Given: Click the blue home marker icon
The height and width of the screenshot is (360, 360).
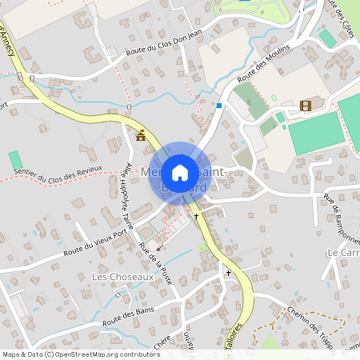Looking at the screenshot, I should [x=180, y=173].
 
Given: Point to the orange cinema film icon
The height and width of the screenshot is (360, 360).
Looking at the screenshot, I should [x=304, y=106].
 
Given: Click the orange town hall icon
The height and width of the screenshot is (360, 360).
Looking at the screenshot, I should [x=142, y=135].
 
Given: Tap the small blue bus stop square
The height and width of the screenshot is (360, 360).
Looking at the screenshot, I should [x=219, y=105].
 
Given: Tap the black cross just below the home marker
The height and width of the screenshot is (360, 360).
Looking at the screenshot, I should [x=196, y=217].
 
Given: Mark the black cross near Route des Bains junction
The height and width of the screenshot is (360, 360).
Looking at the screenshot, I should [x=227, y=274].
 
